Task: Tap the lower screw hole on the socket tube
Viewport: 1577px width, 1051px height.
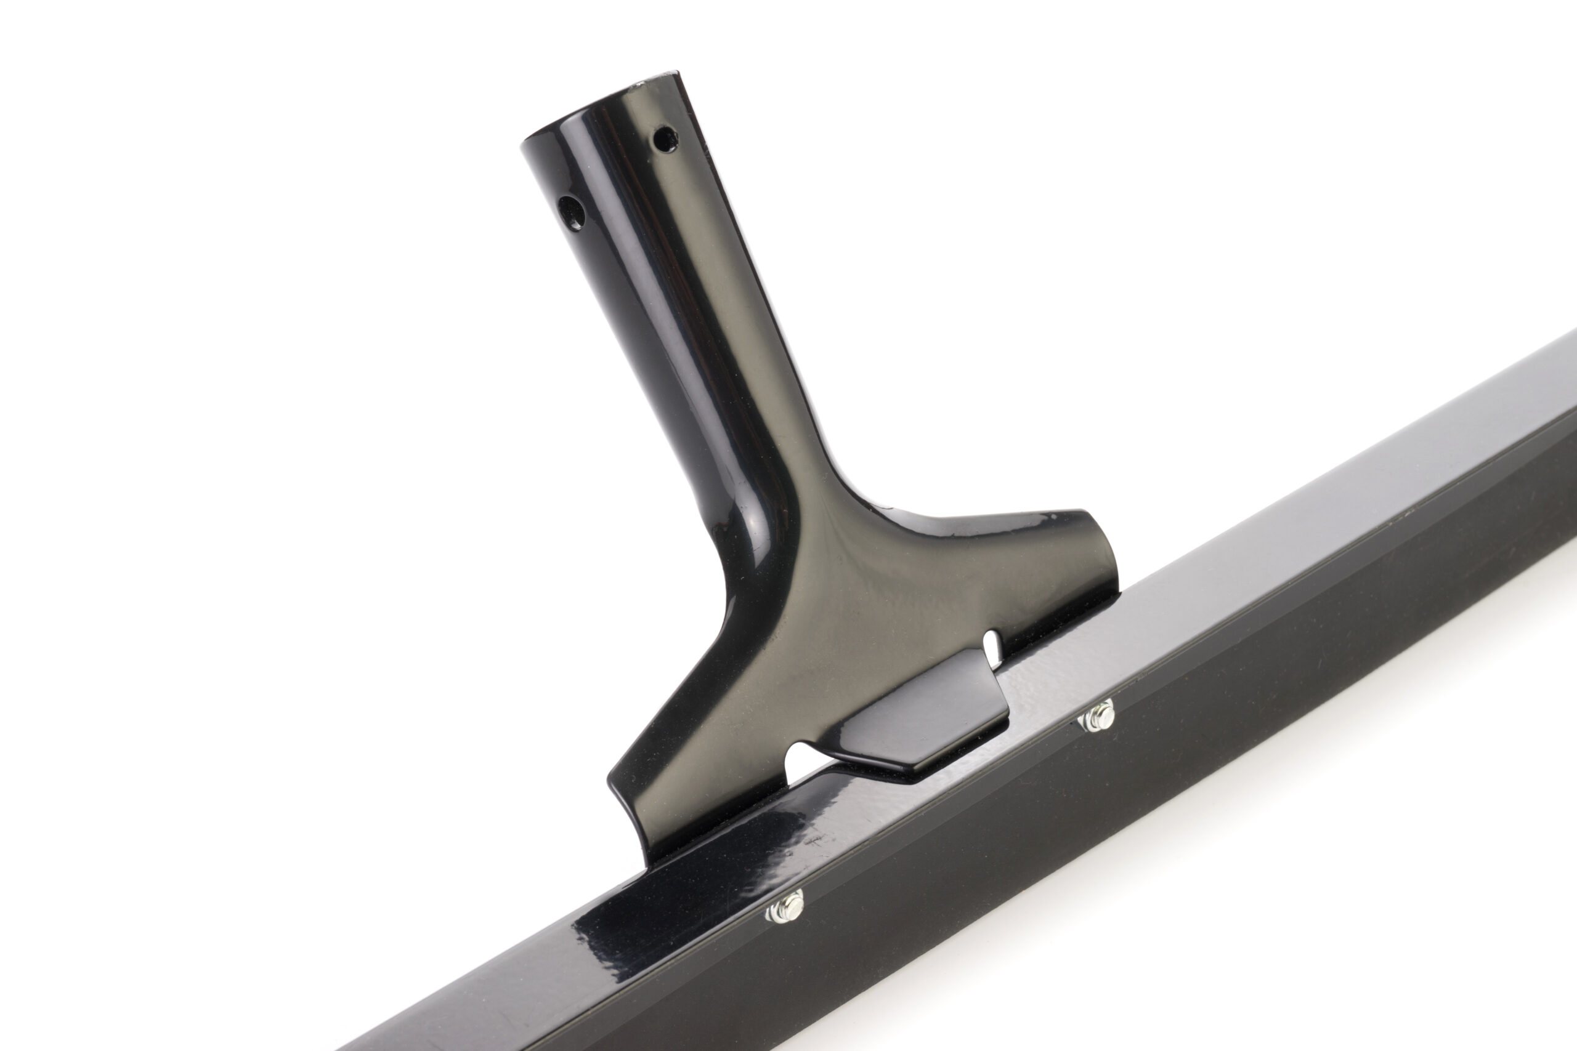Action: click(571, 212)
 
